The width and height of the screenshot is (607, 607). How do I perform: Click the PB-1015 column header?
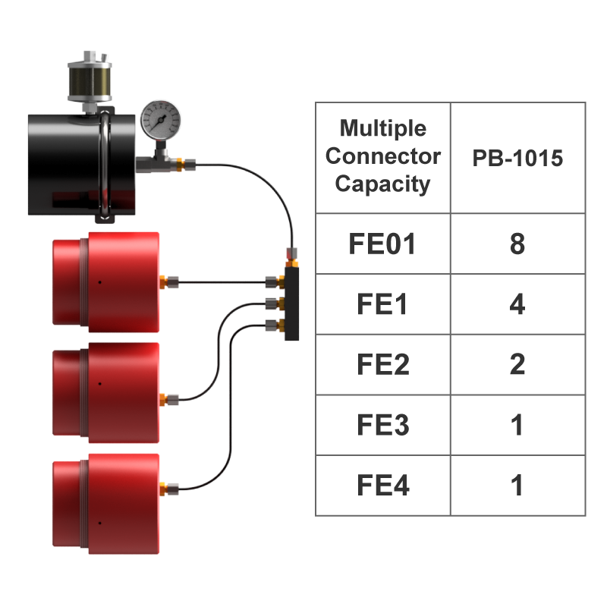(517, 158)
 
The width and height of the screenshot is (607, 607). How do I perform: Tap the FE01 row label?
(382, 244)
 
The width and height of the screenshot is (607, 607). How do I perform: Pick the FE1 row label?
(382, 304)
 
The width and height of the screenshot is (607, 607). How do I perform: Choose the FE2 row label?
(382, 365)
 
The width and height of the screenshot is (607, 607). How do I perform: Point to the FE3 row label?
(382, 425)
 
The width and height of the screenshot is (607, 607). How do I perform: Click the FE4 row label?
(382, 486)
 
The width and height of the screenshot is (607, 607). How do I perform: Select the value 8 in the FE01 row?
(517, 244)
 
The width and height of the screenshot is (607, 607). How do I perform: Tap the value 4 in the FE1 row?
(517, 304)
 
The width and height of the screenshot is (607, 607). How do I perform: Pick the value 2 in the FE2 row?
(517, 365)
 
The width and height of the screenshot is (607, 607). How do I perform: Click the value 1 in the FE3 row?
(517, 425)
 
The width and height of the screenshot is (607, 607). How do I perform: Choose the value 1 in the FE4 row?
(517, 486)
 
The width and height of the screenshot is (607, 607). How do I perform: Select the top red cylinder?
(105, 281)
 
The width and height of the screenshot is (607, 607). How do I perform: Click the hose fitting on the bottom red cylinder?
(171, 487)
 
